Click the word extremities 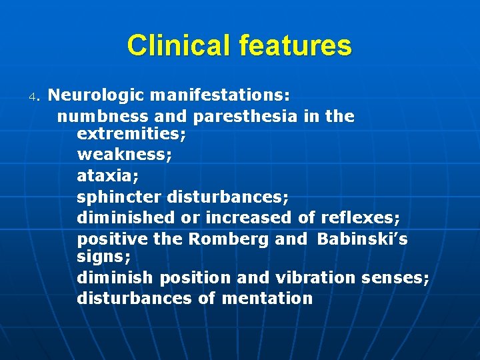(131, 133)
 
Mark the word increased (248, 217)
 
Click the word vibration (315, 277)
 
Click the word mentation (267, 298)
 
